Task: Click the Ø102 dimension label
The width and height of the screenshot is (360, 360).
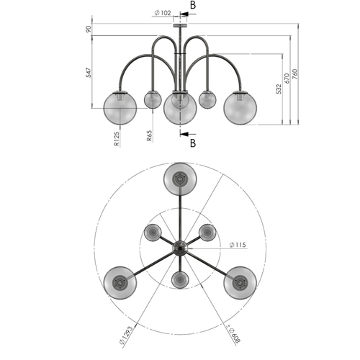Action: coord(163,13)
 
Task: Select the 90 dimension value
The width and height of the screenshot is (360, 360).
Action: coord(89,29)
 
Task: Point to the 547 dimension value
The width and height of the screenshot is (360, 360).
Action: coord(89,73)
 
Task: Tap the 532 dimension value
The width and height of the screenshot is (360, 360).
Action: coord(279,89)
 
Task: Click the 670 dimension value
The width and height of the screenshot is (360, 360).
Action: coord(287,78)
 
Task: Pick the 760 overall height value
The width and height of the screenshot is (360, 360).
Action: coord(294,74)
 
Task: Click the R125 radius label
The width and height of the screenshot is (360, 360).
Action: coord(117,139)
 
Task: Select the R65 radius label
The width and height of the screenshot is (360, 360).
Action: coord(149,135)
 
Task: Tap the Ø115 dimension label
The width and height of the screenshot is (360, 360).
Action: coord(238,245)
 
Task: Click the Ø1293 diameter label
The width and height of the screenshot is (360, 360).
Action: coord(126,336)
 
